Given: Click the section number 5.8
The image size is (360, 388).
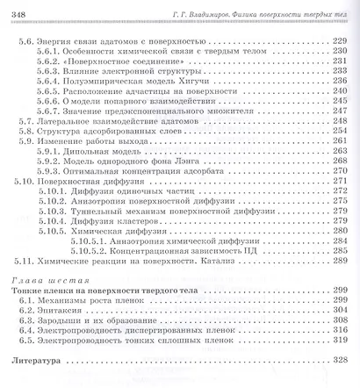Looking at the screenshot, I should [27, 157].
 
